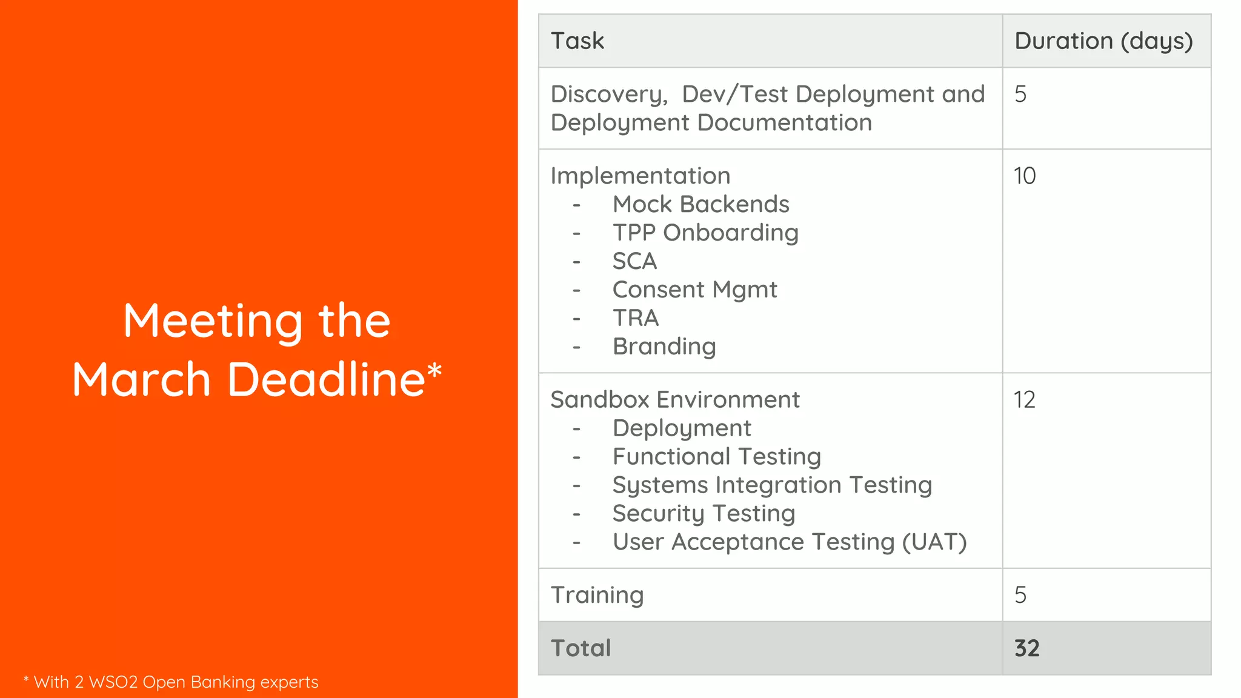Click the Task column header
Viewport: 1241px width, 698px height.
(x=577, y=41)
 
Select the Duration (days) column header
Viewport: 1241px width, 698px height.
(x=1103, y=41)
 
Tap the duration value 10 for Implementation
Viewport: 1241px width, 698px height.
(x=1025, y=176)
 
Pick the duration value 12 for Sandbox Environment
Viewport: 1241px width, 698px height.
(x=1025, y=400)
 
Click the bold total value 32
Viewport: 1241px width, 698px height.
(x=1027, y=648)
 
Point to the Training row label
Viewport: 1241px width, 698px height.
(x=597, y=595)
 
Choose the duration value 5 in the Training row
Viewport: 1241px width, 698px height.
(x=1020, y=595)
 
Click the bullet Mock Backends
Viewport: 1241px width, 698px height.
(x=700, y=204)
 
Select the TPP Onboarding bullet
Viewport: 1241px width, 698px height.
(x=705, y=233)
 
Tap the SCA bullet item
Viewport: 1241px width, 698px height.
(x=634, y=261)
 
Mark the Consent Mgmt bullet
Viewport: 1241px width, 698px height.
(x=694, y=290)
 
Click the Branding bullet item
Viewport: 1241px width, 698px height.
(x=664, y=347)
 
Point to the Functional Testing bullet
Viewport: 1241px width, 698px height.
(x=716, y=456)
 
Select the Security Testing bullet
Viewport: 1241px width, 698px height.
(x=704, y=513)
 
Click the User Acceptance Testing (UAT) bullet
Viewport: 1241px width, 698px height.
(x=789, y=542)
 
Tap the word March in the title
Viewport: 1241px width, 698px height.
(x=141, y=379)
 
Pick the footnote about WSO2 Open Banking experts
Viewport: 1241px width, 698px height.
(x=171, y=682)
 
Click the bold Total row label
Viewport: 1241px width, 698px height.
(x=581, y=648)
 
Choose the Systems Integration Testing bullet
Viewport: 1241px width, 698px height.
(x=772, y=485)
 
